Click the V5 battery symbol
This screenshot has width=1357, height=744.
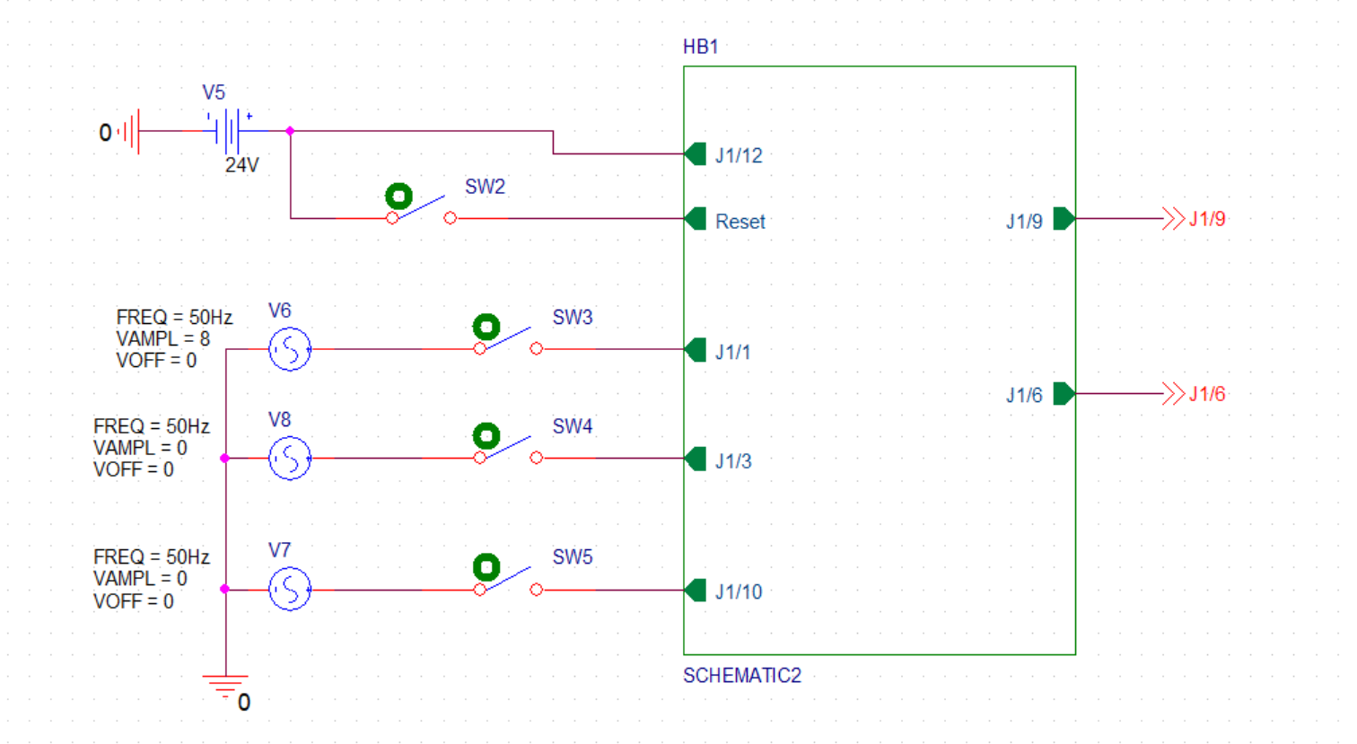pos(232,131)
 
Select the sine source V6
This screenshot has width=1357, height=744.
pos(289,349)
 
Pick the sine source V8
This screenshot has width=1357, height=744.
pos(289,459)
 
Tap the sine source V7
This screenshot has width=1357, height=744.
pos(289,590)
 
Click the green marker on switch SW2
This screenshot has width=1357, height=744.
pos(398,196)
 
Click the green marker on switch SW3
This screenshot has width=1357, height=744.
pos(486,327)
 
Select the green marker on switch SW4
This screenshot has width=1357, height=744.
pos(486,436)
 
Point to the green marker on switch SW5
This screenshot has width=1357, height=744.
pos(486,567)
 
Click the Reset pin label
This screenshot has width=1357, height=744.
pos(740,222)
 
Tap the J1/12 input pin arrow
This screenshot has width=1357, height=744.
pos(696,154)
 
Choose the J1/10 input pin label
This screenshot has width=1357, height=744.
pos(738,591)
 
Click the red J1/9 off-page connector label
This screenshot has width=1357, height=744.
pos(1207,219)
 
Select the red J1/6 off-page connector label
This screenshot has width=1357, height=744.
pos(1207,394)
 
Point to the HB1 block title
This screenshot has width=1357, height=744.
pos(700,47)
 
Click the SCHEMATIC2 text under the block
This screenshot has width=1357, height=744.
pos(741,676)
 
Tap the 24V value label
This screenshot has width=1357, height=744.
pos(241,165)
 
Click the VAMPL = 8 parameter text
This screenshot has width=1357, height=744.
pos(162,339)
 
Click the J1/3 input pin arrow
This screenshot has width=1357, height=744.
pos(696,459)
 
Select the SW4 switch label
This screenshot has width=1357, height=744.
pos(572,426)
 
